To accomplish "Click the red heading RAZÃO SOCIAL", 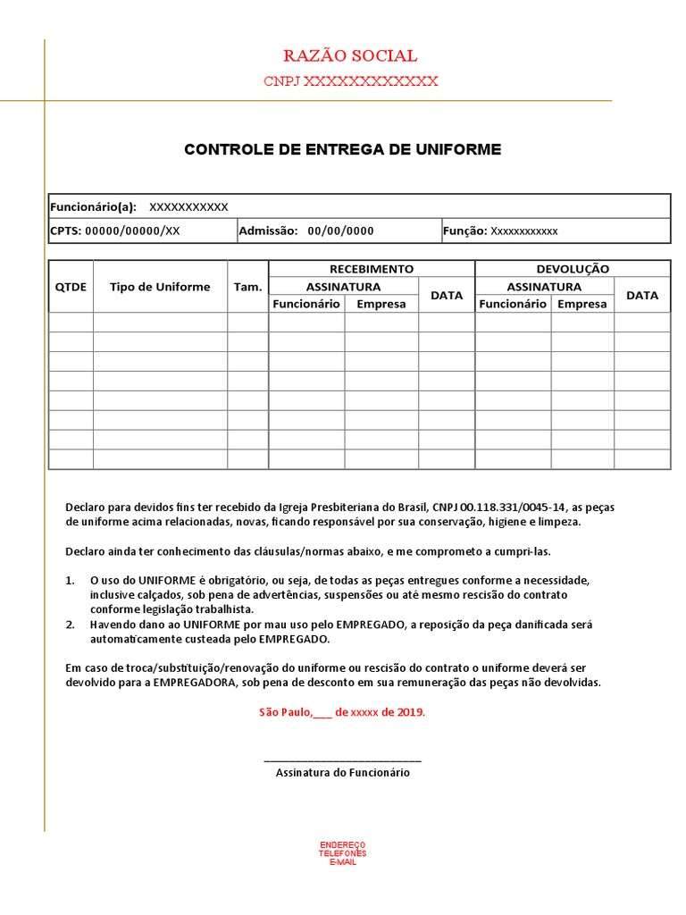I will tap(350, 56).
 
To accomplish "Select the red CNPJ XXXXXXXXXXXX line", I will tap(350, 81).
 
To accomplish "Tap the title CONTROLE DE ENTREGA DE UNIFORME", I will tap(343, 149).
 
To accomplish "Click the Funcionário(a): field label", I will tap(93, 206).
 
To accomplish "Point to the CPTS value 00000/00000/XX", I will tap(131, 231).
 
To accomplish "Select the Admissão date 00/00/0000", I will tap(340, 231).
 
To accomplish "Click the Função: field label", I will tap(464, 231).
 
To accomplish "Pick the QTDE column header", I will tap(71, 287).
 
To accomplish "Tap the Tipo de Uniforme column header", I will tap(160, 287).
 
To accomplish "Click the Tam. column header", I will tap(247, 287).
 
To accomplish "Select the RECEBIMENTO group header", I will tap(372, 268).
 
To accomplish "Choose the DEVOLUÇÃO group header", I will tap(573, 268).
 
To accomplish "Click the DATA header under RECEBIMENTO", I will tap(447, 295).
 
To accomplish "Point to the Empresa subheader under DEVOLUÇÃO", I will tap(581, 304).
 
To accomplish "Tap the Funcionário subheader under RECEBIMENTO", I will tap(306, 304).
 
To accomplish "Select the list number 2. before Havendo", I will tap(71, 625).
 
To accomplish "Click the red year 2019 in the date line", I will tap(411, 712).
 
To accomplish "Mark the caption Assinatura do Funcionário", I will tap(343, 773).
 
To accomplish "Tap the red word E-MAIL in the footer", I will tap(343, 862).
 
